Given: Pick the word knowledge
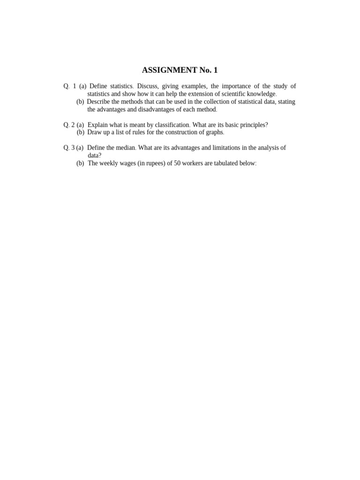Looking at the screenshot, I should (x=258, y=94).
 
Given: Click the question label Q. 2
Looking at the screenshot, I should (x=69, y=125).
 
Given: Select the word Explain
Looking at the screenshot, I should (x=97, y=125).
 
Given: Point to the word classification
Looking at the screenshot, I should (x=171, y=125).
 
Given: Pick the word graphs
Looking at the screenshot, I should (x=214, y=132).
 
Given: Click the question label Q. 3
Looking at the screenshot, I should (x=69, y=148).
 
